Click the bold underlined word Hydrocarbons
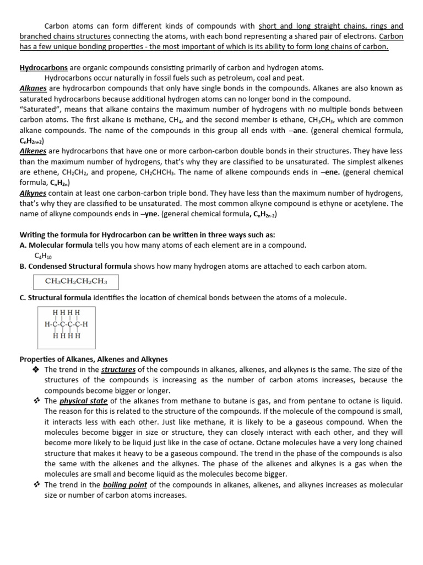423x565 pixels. (44, 67)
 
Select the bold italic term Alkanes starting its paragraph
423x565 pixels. (34, 88)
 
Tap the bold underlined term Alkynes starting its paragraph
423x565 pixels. (34, 193)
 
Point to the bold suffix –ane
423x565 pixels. (299, 130)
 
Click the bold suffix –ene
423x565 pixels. (329, 172)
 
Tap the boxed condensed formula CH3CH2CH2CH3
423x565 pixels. (76, 282)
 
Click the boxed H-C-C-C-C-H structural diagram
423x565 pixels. (66, 324)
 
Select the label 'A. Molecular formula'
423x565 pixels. (56, 245)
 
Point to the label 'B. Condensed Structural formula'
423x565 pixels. (75, 266)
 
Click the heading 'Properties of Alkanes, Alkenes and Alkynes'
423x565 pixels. (94, 359)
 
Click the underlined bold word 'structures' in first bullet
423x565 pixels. (118, 370)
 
